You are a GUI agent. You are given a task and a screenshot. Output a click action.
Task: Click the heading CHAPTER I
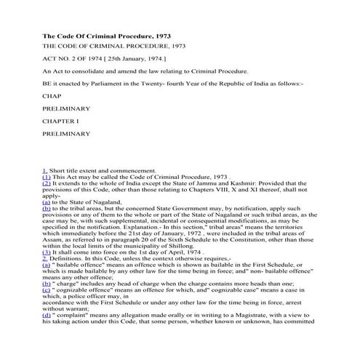tap(60, 121)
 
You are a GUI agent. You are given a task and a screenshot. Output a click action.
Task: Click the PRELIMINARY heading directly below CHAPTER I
tap(66, 134)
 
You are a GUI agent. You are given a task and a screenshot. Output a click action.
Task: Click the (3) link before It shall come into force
tap(47, 251)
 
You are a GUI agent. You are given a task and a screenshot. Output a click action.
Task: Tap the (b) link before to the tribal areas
tap(47, 208)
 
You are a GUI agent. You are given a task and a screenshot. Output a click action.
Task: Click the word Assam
tap(52, 238)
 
